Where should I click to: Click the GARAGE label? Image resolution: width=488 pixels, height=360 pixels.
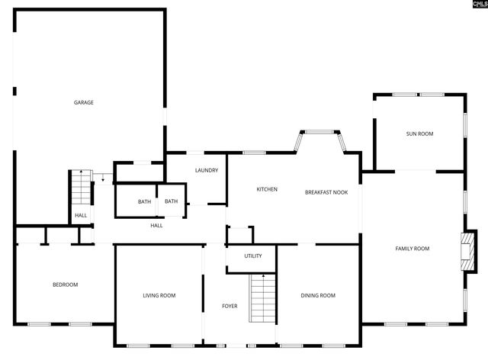point(84,102)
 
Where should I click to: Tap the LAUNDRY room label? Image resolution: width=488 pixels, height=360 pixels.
point(207,170)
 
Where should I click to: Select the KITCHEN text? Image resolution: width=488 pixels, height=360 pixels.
point(267,189)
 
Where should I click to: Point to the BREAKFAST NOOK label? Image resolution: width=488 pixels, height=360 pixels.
point(326,192)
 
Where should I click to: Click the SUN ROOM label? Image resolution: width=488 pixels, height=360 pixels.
point(419,133)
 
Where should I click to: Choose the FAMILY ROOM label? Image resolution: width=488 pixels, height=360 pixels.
point(412,249)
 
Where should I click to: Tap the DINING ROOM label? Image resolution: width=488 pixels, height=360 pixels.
point(317,295)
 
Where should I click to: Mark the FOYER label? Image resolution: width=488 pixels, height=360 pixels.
point(230,306)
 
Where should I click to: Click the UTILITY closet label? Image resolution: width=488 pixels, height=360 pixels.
point(253,256)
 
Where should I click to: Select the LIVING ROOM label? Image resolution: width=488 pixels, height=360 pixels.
point(159,295)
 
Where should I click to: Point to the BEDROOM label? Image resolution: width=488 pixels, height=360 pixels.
point(65,284)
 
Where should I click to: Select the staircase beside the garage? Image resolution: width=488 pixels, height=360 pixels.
point(80,188)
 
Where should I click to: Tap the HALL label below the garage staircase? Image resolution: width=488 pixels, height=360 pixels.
point(80,216)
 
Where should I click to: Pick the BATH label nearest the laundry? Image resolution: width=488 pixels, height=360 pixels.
point(171,201)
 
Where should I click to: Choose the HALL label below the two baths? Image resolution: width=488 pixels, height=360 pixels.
point(156,225)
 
